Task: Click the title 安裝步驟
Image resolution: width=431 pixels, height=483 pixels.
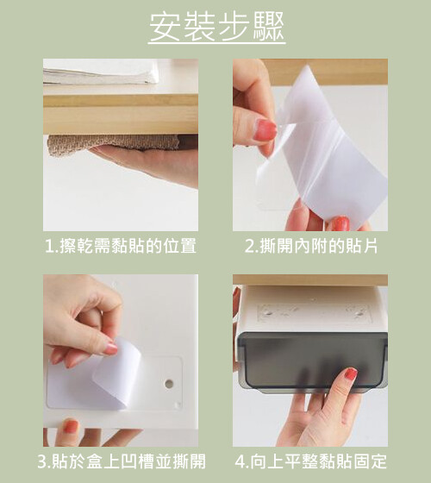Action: pos(216,27)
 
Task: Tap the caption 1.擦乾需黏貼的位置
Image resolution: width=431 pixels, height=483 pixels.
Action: pos(121,246)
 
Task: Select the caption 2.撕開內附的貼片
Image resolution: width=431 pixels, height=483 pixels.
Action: pos(311,246)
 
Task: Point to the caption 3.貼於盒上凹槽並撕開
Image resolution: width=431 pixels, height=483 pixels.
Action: pos(122,461)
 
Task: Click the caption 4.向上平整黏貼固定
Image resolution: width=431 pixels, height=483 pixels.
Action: pos(310,461)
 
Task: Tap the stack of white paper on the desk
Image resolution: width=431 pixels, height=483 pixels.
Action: pos(101,72)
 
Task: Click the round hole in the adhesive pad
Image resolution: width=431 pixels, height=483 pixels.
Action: pos(169,384)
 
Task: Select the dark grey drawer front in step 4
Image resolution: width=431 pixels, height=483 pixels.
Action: pos(312,361)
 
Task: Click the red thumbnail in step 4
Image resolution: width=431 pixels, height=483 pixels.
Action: pos(351,373)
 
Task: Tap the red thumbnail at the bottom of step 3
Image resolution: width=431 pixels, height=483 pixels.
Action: pos(71,426)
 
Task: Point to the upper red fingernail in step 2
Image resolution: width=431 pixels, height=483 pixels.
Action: pos(265,130)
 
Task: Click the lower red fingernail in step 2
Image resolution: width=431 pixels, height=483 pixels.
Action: pos(340,223)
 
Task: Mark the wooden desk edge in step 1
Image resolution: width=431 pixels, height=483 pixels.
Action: pos(121,114)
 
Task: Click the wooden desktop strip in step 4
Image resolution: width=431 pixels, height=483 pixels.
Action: pos(310,279)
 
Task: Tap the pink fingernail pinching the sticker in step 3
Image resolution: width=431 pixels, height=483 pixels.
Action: pos(110,348)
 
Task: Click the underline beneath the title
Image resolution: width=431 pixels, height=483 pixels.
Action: pos(216,43)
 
